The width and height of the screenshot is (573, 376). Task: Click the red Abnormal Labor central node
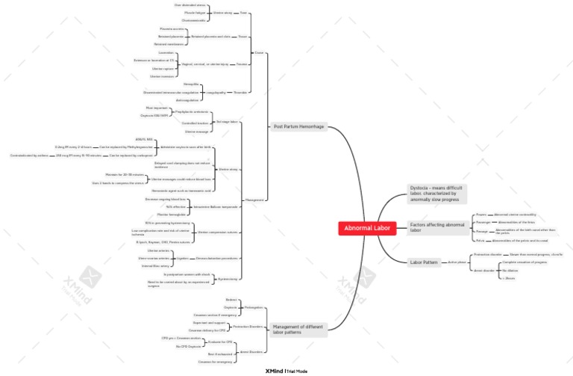pyautogui.click(x=366, y=229)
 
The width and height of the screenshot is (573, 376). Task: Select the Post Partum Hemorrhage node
pyautogui.click(x=298, y=127)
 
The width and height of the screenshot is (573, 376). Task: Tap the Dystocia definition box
pyautogui.click(x=437, y=193)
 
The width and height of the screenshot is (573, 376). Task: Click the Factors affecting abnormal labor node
pyautogui.click(x=437, y=227)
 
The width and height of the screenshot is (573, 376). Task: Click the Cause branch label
pyautogui.click(x=259, y=53)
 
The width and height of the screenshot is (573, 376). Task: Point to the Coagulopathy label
pyautogui.click(x=216, y=93)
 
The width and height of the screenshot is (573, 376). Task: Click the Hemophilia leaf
pyautogui.click(x=191, y=84)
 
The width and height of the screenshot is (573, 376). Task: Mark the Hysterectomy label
pyautogui.click(x=228, y=279)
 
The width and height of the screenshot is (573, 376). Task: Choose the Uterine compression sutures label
pyautogui.click(x=218, y=232)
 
